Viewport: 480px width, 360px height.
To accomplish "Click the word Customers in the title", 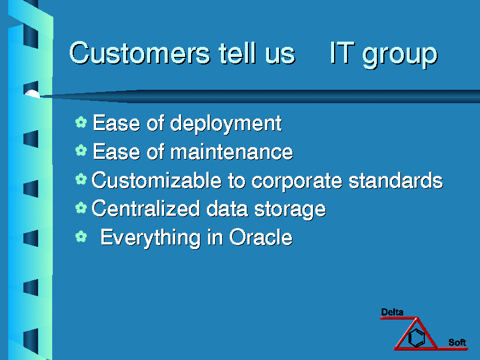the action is click(140, 53).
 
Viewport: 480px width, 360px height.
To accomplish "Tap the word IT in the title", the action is click(342, 53).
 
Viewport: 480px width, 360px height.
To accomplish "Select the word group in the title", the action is click(400, 56).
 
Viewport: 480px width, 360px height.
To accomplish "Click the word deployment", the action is click(226, 124).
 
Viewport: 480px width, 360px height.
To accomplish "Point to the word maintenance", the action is click(232, 151).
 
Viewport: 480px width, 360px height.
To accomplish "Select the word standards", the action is click(396, 180).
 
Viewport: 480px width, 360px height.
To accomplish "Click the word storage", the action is click(290, 210).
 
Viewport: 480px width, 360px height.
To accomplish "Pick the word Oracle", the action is click(261, 237).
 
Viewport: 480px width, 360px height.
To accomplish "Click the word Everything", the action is click(150, 238).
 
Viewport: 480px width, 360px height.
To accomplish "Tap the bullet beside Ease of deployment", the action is click(81, 122).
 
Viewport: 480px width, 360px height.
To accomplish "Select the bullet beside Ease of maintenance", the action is click(81, 150).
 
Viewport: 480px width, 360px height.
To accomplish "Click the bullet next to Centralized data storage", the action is click(81, 208).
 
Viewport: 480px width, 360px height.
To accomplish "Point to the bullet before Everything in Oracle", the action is click(81, 236).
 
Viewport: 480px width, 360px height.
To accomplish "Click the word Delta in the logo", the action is click(392, 313).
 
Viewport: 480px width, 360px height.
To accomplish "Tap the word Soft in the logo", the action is click(457, 342).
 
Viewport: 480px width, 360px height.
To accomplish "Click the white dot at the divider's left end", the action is click(32, 94).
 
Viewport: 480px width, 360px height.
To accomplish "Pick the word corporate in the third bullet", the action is click(297, 181).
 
